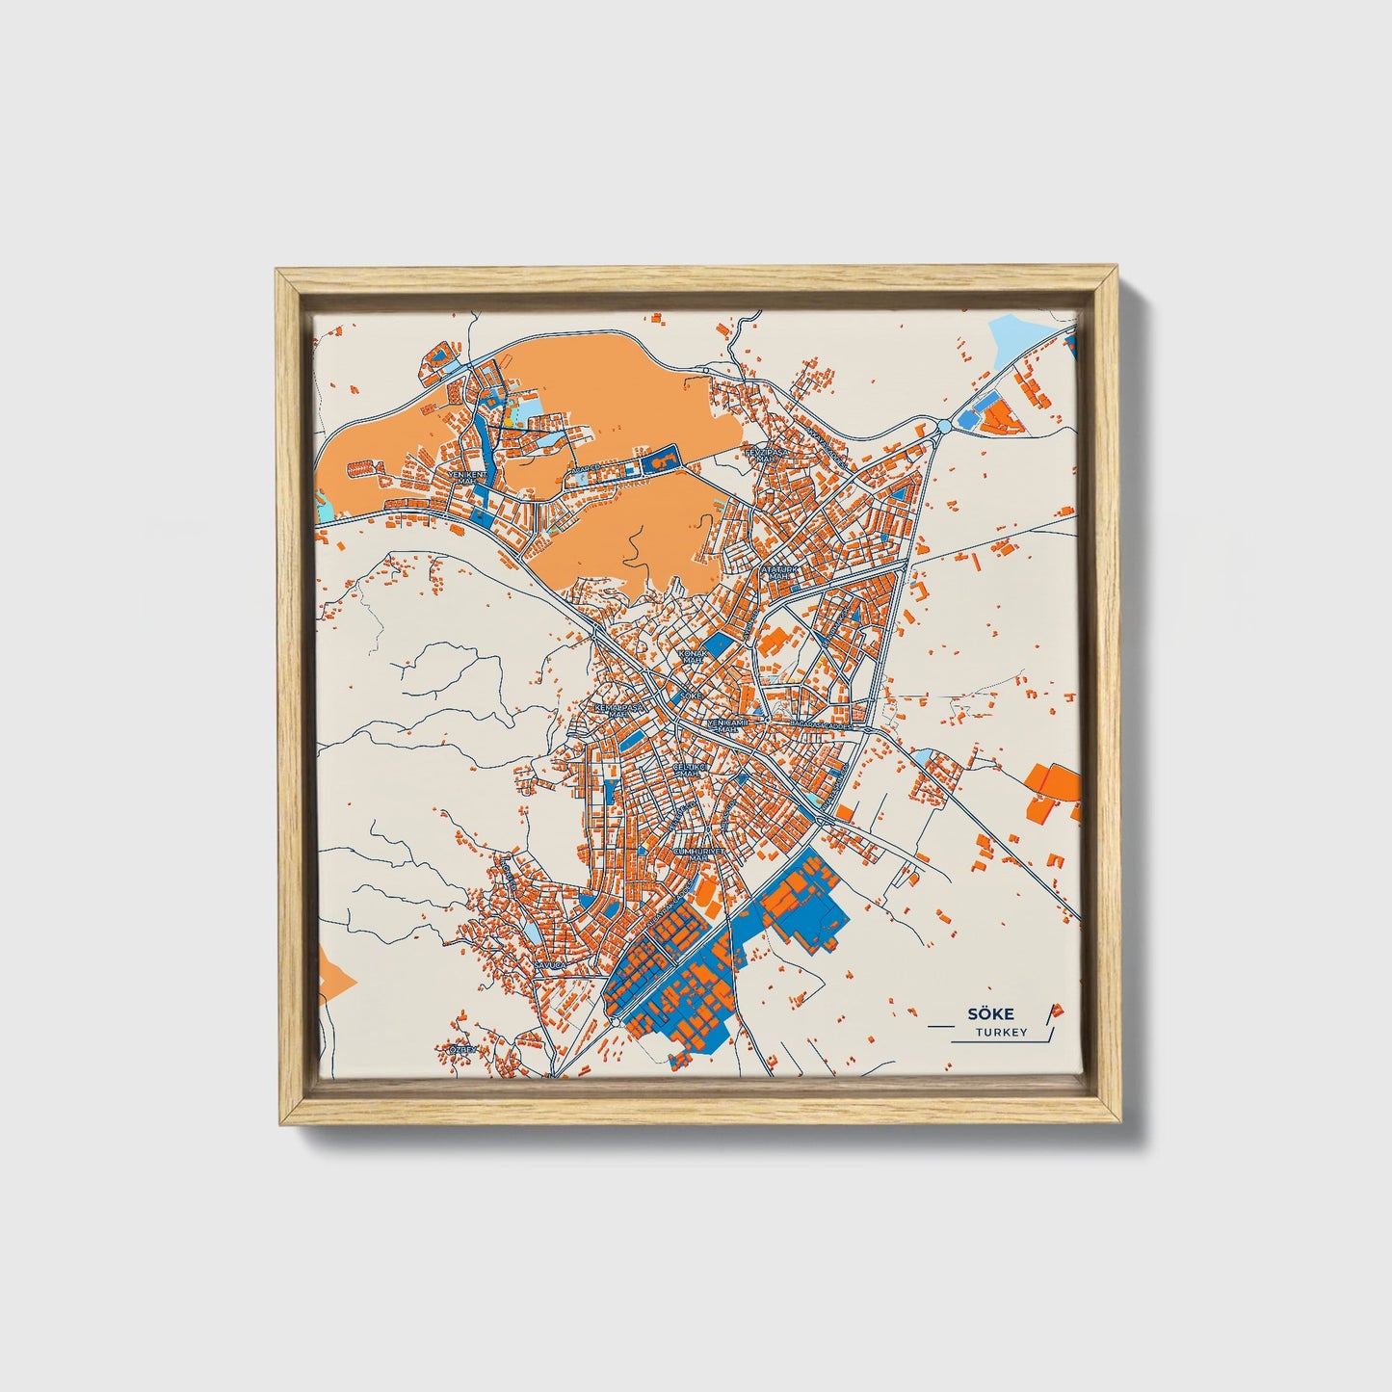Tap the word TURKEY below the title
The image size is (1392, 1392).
tap(1000, 1033)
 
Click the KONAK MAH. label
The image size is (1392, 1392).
tap(693, 657)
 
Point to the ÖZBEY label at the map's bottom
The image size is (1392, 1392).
tap(460, 1049)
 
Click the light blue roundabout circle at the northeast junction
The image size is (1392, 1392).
tap(943, 426)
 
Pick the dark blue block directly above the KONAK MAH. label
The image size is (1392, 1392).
tap(718, 644)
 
